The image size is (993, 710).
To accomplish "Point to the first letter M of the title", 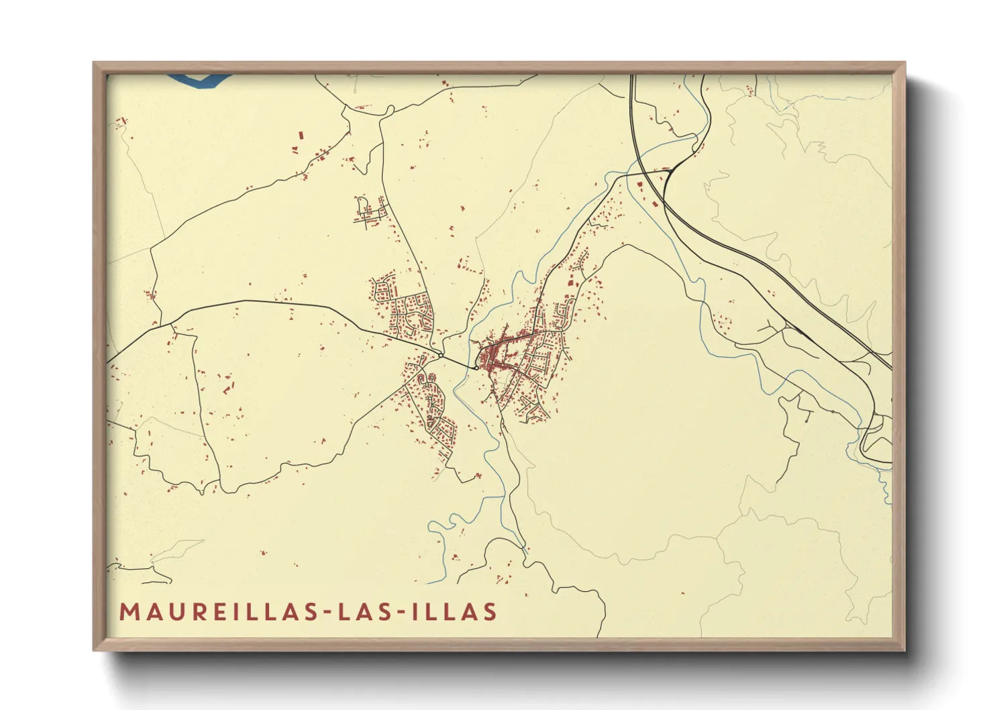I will click(x=128, y=612).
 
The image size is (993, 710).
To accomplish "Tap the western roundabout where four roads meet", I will click(x=439, y=354).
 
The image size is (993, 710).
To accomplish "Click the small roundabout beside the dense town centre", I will click(x=476, y=367).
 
